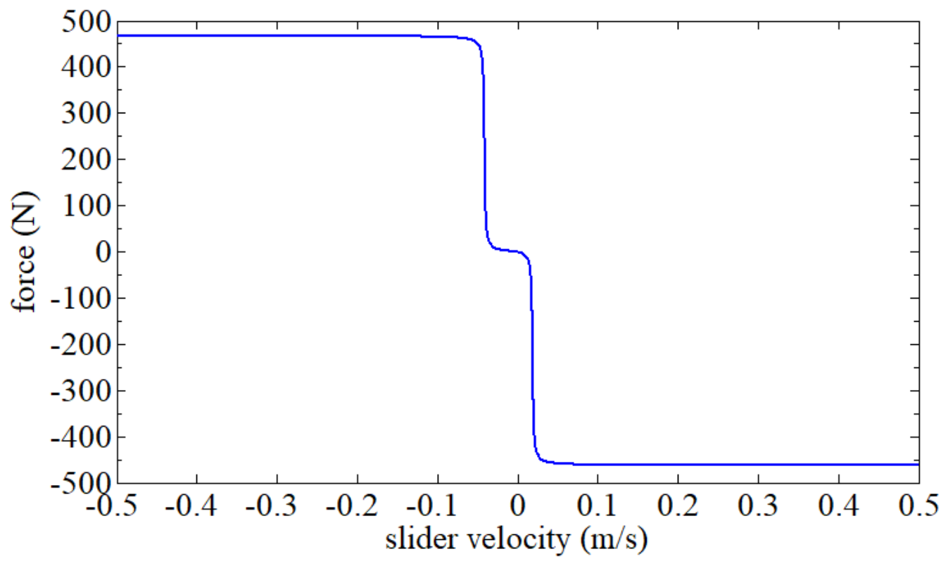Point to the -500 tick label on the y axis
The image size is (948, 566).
pos(79,484)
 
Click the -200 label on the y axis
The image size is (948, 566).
pos(79,345)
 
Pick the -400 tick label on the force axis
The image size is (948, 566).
pos(79,438)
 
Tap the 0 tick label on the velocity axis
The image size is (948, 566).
pos(518,506)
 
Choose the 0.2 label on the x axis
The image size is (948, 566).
pos(677,506)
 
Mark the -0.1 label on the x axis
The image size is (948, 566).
pos(437,506)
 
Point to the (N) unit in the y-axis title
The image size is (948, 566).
pos(25,211)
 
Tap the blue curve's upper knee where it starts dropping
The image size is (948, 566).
pos(477,44)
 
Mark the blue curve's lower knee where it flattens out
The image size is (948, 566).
pos(541,459)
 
